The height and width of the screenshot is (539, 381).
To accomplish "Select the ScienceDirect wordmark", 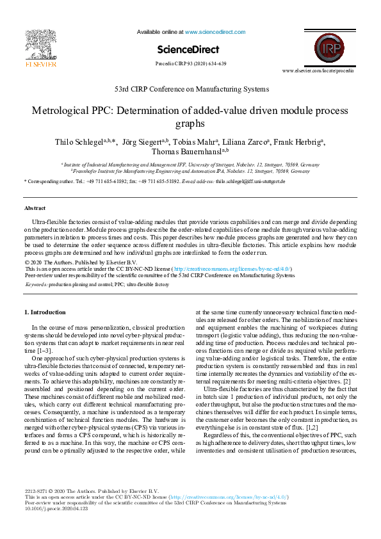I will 190,49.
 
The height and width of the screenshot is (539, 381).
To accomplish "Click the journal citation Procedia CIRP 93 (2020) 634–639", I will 191,64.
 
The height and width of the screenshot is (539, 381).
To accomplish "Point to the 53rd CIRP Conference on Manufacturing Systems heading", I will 191,89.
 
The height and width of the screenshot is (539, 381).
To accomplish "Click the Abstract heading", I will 35,208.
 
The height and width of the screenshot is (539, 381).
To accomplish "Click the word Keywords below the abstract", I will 36,284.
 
